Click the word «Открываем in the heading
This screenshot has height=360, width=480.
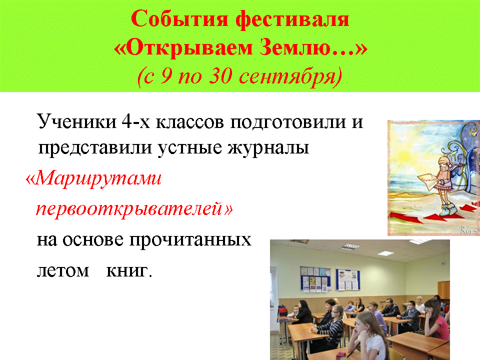(x=183, y=48)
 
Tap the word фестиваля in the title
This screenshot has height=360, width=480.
(x=292, y=19)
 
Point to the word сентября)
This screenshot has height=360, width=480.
(x=290, y=76)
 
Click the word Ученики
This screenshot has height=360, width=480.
(x=76, y=121)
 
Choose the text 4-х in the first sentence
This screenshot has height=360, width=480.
(x=136, y=122)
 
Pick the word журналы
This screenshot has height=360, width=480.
(x=268, y=147)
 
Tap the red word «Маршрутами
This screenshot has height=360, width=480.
(x=93, y=178)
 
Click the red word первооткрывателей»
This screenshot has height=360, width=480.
(x=134, y=209)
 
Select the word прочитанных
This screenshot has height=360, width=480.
(x=190, y=239)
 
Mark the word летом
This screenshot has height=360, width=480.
(x=63, y=270)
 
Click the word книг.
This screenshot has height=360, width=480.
(x=129, y=270)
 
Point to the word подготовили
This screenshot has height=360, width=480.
(x=288, y=122)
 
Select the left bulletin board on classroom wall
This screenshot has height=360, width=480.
(x=315, y=279)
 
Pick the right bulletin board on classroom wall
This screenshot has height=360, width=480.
(x=348, y=279)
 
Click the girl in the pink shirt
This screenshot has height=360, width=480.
(x=437, y=319)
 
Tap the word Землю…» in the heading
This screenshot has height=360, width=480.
(x=313, y=48)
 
